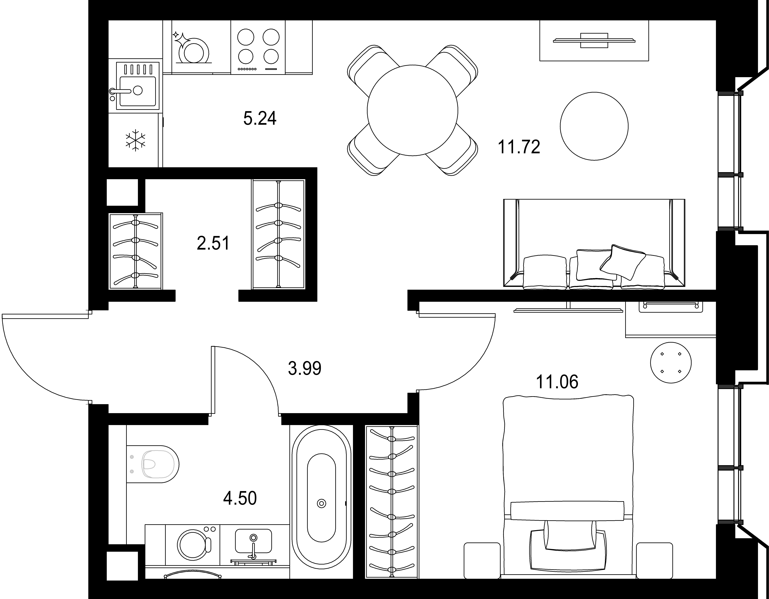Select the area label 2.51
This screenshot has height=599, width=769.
pos(213,243)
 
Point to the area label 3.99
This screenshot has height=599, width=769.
pos(305,368)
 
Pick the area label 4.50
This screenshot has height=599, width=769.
pos(240,498)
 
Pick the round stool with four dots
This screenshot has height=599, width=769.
pos(671,362)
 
